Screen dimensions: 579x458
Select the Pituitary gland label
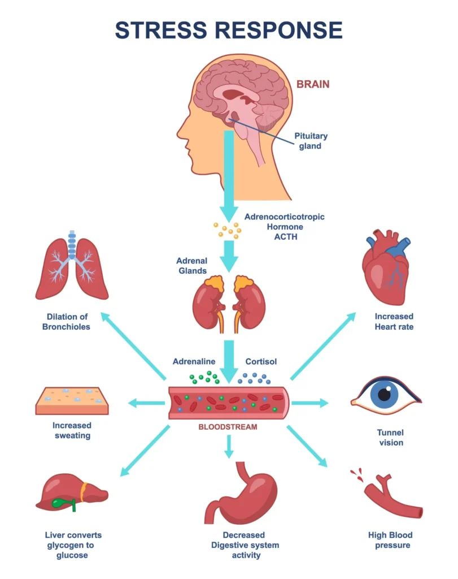click(311, 141)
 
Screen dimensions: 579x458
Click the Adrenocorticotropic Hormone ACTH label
click(284, 226)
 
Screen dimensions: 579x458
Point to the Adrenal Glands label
click(191, 266)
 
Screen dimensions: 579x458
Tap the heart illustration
click(386, 269)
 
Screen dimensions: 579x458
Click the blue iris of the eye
click(385, 394)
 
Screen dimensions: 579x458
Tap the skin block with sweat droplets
click(72, 400)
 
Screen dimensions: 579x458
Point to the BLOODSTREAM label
click(228, 427)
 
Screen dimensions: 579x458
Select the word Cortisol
click(261, 361)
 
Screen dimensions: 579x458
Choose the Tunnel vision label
click(390, 437)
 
